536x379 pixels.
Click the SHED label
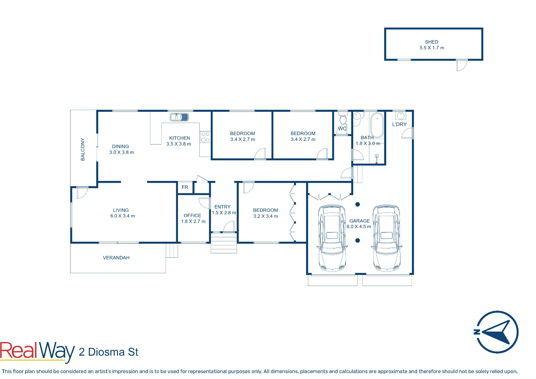(x=431, y=42)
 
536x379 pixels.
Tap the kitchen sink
(x=180, y=117)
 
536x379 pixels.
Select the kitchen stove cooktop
(x=205, y=137)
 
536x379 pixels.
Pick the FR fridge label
(x=185, y=187)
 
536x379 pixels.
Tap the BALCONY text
(x=83, y=149)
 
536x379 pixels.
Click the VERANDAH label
(x=116, y=258)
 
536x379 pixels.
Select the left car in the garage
(x=332, y=238)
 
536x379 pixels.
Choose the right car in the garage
(x=386, y=238)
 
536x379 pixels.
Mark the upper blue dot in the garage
(x=358, y=205)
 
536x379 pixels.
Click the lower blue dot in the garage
(x=358, y=240)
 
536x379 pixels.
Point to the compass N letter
(x=477, y=332)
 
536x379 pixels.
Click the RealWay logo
(x=37, y=352)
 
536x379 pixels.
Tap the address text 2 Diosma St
(x=108, y=352)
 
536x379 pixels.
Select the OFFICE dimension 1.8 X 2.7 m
(x=193, y=221)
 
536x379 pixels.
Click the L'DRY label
(x=399, y=124)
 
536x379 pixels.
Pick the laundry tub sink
(x=401, y=116)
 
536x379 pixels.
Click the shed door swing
(x=462, y=65)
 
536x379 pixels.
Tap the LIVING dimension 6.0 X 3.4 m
(x=122, y=216)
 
